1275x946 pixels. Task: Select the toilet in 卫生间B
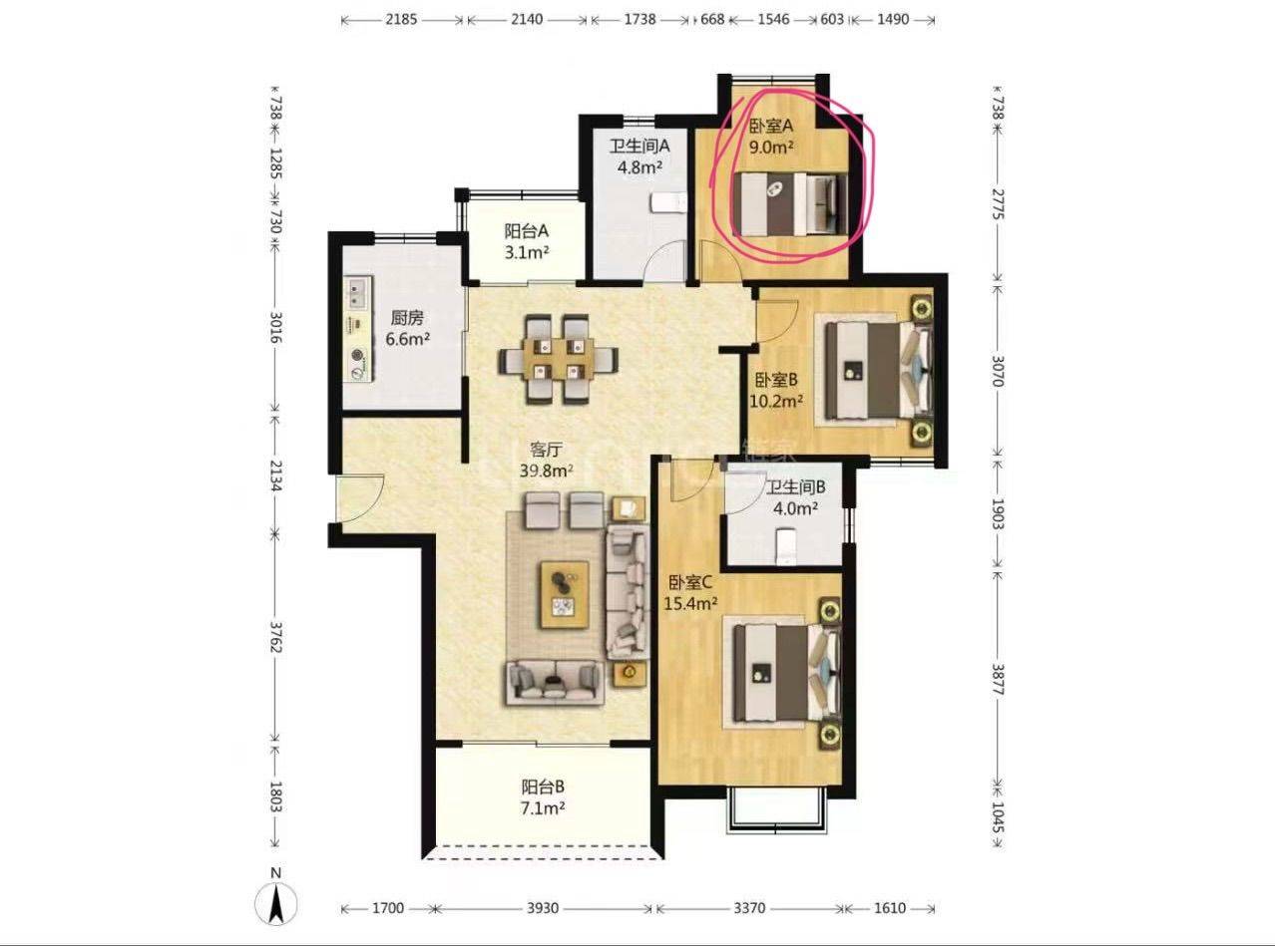pyautogui.click(x=785, y=546)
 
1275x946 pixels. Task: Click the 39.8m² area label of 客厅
pyautogui.click(x=546, y=471)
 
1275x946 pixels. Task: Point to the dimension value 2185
pyautogui.click(x=401, y=20)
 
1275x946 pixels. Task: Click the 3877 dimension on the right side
pyautogui.click(x=998, y=680)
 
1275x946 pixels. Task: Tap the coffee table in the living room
pyautogui.click(x=564, y=594)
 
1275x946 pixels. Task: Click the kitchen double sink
pyautogui.click(x=358, y=293)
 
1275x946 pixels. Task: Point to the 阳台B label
pyautogui.click(x=543, y=787)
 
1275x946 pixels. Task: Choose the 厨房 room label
pyautogui.click(x=407, y=317)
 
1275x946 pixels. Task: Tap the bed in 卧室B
pyautogui.click(x=877, y=370)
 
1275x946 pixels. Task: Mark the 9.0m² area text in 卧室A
pyautogui.click(x=771, y=148)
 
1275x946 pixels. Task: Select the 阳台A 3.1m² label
pyautogui.click(x=527, y=241)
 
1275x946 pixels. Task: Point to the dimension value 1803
pyautogui.click(x=276, y=796)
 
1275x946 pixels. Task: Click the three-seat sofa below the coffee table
pyautogui.click(x=556, y=682)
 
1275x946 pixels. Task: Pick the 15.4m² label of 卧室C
pyautogui.click(x=690, y=603)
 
